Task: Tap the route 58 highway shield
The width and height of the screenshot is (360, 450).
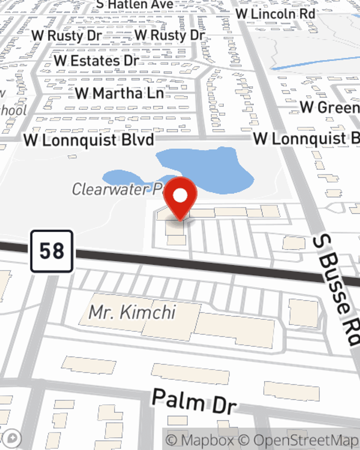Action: (52, 251)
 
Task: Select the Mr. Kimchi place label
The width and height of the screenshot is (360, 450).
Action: (132, 312)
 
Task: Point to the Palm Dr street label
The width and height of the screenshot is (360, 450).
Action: (194, 400)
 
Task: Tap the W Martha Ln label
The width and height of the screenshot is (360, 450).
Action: (120, 94)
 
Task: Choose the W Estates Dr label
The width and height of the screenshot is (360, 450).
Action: (96, 61)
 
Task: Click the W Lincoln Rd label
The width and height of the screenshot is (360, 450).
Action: (275, 14)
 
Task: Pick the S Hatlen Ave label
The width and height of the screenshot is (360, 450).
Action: (135, 5)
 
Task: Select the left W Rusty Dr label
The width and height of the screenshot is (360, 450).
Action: (67, 36)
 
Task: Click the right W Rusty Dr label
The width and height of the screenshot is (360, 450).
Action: (170, 35)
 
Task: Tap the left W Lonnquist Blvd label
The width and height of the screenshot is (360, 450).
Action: (89, 140)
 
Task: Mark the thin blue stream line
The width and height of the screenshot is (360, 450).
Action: (313, 63)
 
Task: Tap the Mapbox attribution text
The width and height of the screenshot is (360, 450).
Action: (200, 440)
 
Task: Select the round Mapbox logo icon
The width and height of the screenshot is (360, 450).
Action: (12, 439)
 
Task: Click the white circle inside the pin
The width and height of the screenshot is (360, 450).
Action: (180, 195)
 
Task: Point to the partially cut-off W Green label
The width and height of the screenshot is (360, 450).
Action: (330, 107)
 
